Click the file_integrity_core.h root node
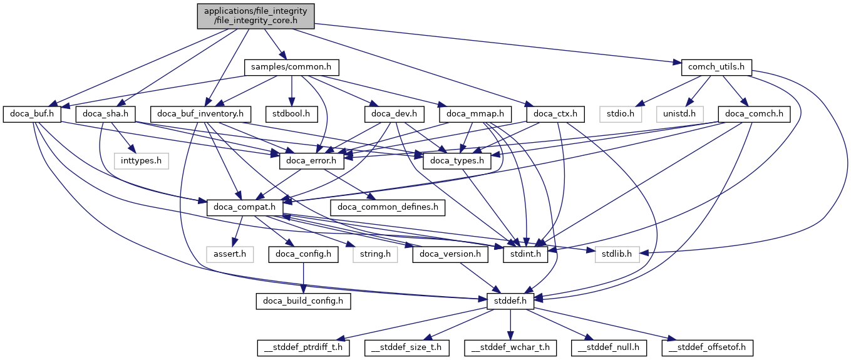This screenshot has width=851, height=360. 255,16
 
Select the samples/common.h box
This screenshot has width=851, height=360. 291,66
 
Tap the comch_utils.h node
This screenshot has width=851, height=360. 716,66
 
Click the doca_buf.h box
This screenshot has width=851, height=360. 33,114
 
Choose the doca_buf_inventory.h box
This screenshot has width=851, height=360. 204,114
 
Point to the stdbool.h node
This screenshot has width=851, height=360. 291,114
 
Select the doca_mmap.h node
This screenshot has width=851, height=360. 476,114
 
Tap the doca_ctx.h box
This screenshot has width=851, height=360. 556,114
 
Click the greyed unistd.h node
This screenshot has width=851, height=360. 679,114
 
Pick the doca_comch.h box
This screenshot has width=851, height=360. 755,114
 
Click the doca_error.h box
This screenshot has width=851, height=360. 312,161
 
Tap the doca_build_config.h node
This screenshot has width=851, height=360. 303,301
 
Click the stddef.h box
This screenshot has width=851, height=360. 511,301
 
